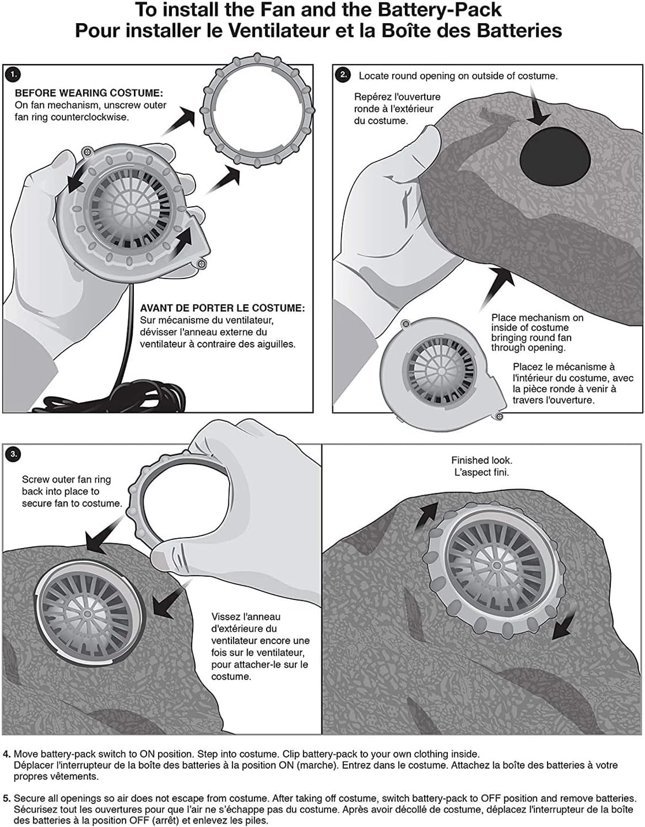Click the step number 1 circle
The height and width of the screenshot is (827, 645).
[x=13, y=74]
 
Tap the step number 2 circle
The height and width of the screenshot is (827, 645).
[x=343, y=74]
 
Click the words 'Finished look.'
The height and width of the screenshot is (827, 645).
[x=481, y=460]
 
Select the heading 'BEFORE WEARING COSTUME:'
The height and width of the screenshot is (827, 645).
[x=89, y=93]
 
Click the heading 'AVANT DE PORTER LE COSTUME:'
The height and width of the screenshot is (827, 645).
[x=222, y=308]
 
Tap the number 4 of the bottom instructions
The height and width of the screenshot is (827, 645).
[x=6, y=754]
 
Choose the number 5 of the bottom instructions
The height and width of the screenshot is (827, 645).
[x=6, y=799]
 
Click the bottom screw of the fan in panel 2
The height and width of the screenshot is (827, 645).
[x=499, y=416]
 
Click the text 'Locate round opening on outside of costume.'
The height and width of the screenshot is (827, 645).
[x=458, y=76]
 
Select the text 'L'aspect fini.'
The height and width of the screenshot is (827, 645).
[x=481, y=472]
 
